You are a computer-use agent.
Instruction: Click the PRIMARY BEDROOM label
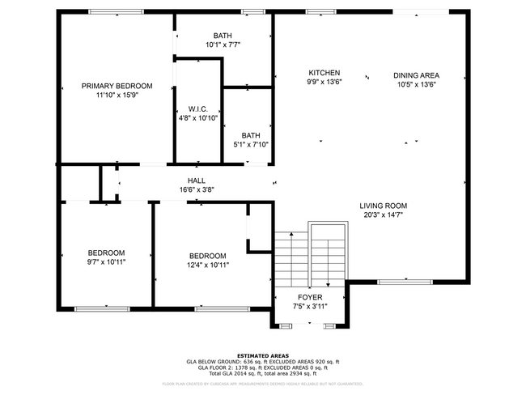click(x=117, y=86)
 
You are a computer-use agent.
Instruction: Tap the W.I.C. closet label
click(x=198, y=108)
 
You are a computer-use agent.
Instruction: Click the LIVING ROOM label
click(x=383, y=206)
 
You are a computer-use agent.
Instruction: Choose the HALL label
click(x=196, y=181)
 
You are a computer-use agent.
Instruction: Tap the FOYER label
click(x=310, y=297)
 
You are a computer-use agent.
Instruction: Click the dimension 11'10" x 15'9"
click(x=117, y=96)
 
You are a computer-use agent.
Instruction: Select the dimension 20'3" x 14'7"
click(x=383, y=215)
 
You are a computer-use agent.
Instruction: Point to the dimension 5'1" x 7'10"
click(x=250, y=145)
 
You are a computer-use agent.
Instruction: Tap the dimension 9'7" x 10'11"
click(x=106, y=261)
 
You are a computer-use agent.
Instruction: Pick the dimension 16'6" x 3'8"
click(x=196, y=190)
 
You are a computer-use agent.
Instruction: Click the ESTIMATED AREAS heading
click(x=262, y=355)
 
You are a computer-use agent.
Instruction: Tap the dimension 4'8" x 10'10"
click(x=198, y=118)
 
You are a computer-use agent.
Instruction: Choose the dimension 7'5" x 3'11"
click(x=310, y=307)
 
